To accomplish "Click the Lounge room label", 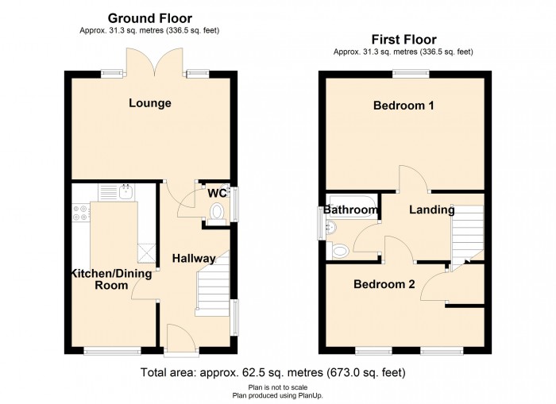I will click(x=151, y=103).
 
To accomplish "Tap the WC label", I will click(x=217, y=193).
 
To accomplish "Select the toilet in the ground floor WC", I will click(x=216, y=210).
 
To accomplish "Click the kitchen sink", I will click(x=124, y=191).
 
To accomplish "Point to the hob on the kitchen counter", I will click(x=80, y=212).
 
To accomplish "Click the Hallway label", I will click(x=194, y=259).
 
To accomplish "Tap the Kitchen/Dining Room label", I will click(x=111, y=279).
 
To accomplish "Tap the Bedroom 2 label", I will click(x=384, y=283).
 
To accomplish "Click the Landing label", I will click(x=432, y=210).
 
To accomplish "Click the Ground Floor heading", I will click(x=149, y=18).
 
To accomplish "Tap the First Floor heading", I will click(x=404, y=39).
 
